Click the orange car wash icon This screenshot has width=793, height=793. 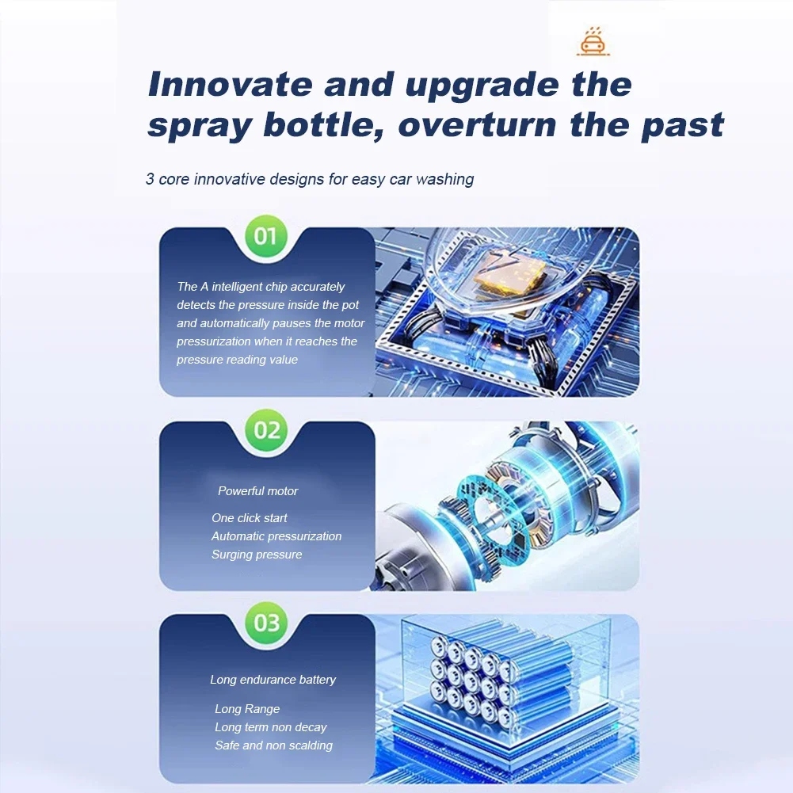pos(593,41)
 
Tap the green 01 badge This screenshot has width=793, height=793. pos(266,236)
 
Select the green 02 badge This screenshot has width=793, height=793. pos(266,430)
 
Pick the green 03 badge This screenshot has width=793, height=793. pos(266,623)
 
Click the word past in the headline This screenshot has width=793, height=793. pos(682,125)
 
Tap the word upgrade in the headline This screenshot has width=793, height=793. pos(482,86)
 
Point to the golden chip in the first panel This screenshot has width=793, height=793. pos(511,273)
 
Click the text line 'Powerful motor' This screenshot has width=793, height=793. pos(258,490)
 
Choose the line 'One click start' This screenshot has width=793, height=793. pos(250,518)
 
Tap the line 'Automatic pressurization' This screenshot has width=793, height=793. pos(276,536)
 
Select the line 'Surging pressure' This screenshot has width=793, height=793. pos(257,555)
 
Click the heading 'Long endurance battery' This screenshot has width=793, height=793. pos(273,679)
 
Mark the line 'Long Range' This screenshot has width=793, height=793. pos(247,708)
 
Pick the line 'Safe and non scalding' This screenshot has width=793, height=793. pos(273,745)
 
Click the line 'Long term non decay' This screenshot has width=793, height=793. pos(271,726)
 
